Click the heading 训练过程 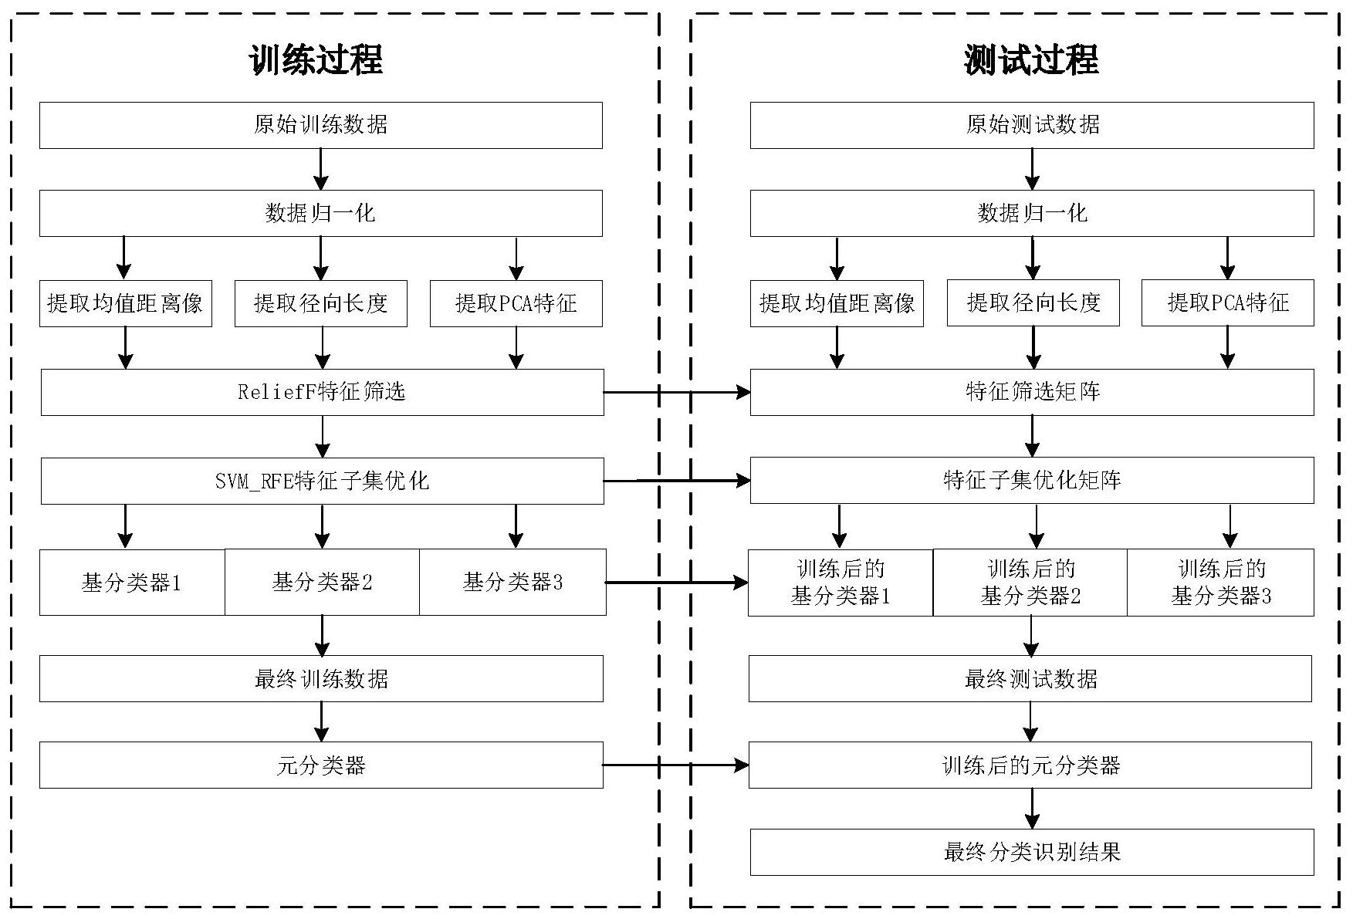[x=316, y=59]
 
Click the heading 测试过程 [x=1031, y=59]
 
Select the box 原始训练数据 [x=321, y=125]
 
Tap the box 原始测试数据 [x=1032, y=125]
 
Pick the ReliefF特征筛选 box [x=322, y=392]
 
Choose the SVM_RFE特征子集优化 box [x=322, y=481]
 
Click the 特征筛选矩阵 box [x=1032, y=392]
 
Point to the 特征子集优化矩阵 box [x=1032, y=481]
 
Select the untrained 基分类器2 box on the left [x=322, y=583]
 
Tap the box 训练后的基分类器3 [x=1220, y=583]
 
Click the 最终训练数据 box [x=321, y=679]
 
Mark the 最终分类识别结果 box [x=1032, y=853]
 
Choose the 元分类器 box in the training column [x=321, y=765]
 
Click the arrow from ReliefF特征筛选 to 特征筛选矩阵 [x=677, y=392]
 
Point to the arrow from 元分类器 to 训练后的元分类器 [x=675, y=765]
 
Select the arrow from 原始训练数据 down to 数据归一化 [x=321, y=169]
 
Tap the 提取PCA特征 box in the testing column [x=1228, y=302]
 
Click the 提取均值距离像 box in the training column [x=126, y=303]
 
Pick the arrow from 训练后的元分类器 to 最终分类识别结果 [x=1032, y=809]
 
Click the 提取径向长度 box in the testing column [x=1033, y=302]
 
